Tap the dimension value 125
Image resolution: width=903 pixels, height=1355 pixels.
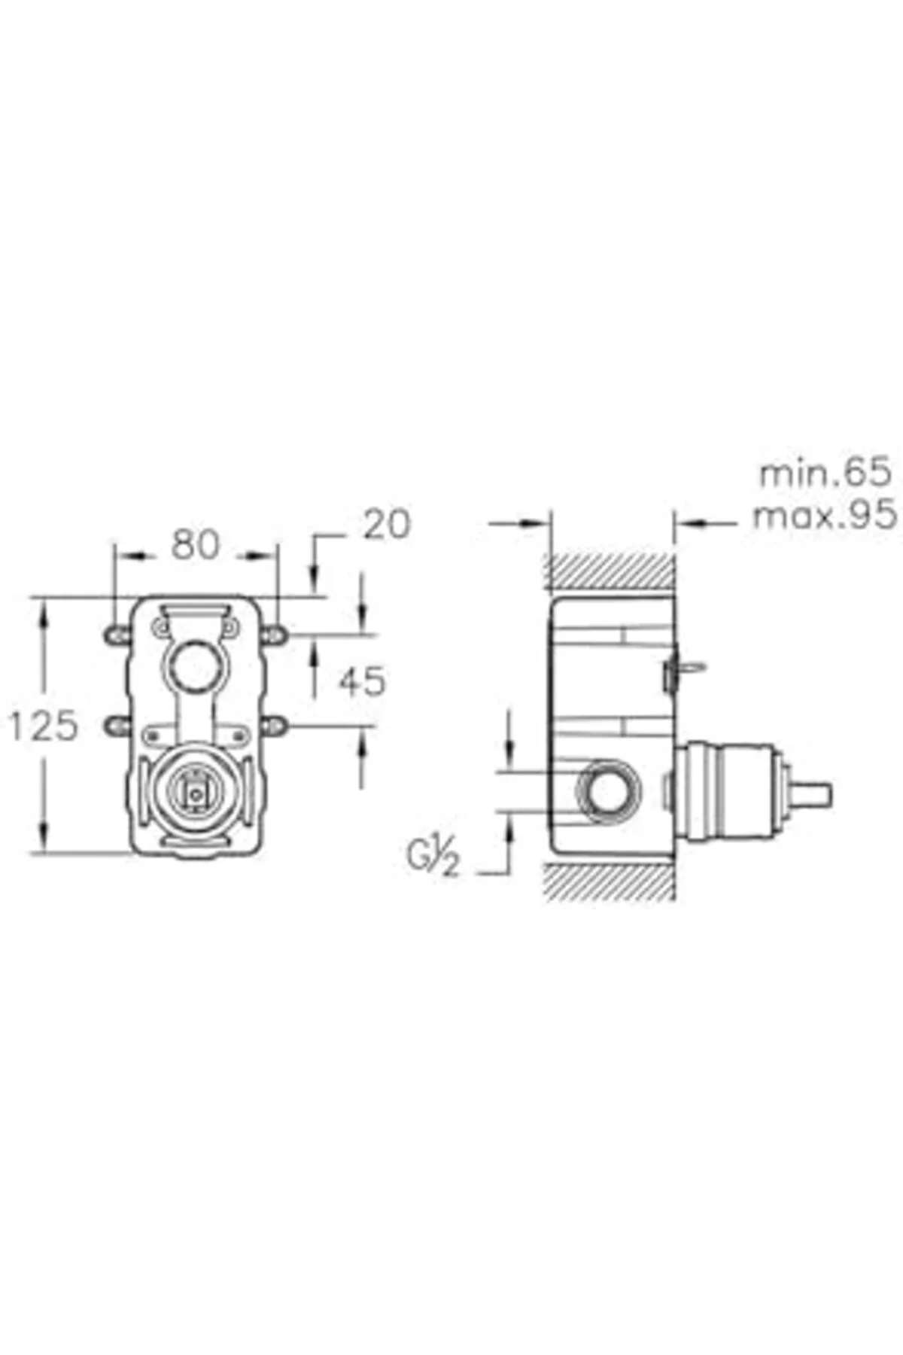point(44,726)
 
